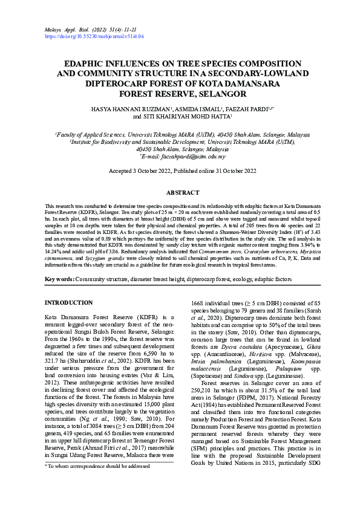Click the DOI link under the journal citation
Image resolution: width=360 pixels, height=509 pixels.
(x=94, y=36)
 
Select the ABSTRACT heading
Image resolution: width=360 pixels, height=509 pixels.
(x=182, y=192)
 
